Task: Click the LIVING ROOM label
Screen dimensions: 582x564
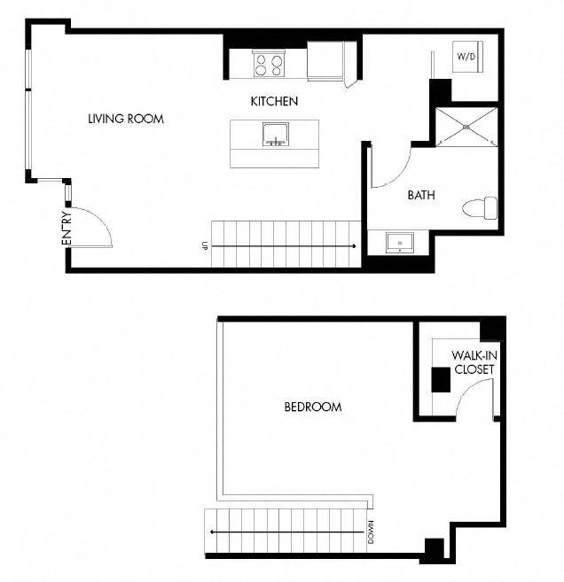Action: (126, 119)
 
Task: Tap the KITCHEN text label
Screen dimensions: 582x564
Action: (274, 102)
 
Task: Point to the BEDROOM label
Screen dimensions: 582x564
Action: (312, 407)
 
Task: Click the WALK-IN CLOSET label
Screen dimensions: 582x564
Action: (473, 362)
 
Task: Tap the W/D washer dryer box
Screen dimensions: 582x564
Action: (466, 56)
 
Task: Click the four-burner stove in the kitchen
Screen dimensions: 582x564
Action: (269, 64)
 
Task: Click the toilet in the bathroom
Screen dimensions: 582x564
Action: (482, 209)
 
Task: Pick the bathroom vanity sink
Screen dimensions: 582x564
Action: (398, 242)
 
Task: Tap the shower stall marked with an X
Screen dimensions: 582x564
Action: (466, 126)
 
